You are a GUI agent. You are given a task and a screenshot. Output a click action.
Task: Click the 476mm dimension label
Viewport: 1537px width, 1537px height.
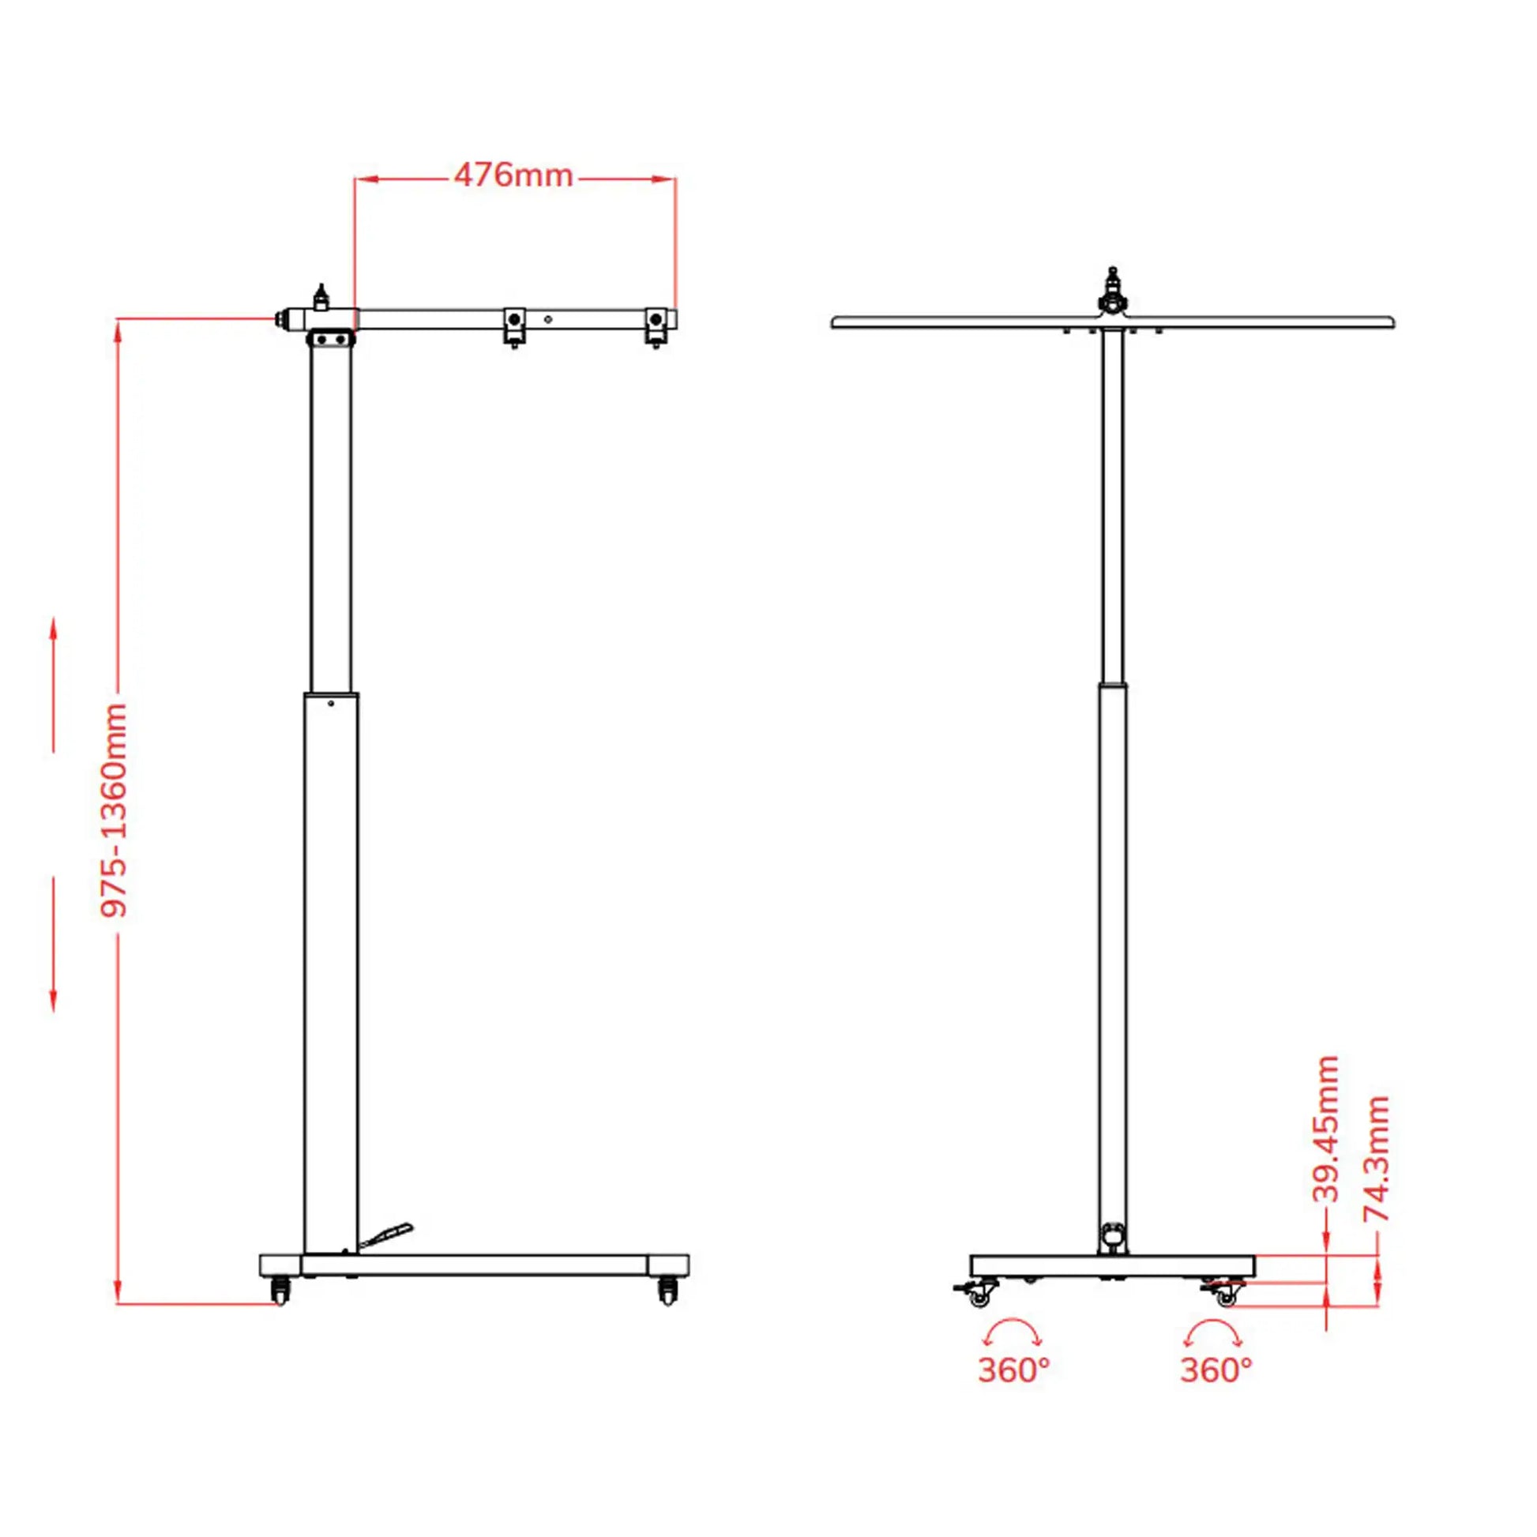(x=513, y=176)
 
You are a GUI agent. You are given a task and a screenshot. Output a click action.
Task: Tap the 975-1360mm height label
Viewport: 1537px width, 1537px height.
(x=115, y=809)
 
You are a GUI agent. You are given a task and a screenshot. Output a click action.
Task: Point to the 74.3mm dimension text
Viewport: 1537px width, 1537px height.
(x=1377, y=1159)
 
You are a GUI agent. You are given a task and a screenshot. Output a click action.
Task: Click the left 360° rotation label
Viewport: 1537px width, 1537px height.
(x=1013, y=1392)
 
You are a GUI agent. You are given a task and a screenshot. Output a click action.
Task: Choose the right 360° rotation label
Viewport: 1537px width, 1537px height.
(x=1216, y=1392)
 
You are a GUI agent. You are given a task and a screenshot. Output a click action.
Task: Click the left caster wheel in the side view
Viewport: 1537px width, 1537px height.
(x=280, y=1290)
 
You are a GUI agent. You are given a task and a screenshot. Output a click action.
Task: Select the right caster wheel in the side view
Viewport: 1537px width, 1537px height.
(x=668, y=1290)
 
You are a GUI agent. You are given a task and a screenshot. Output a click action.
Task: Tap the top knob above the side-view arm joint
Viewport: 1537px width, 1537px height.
(x=321, y=297)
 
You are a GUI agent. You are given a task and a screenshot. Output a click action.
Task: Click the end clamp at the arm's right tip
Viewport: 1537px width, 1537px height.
(x=656, y=324)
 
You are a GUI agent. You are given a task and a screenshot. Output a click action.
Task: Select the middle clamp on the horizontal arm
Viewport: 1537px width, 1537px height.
(x=515, y=324)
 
